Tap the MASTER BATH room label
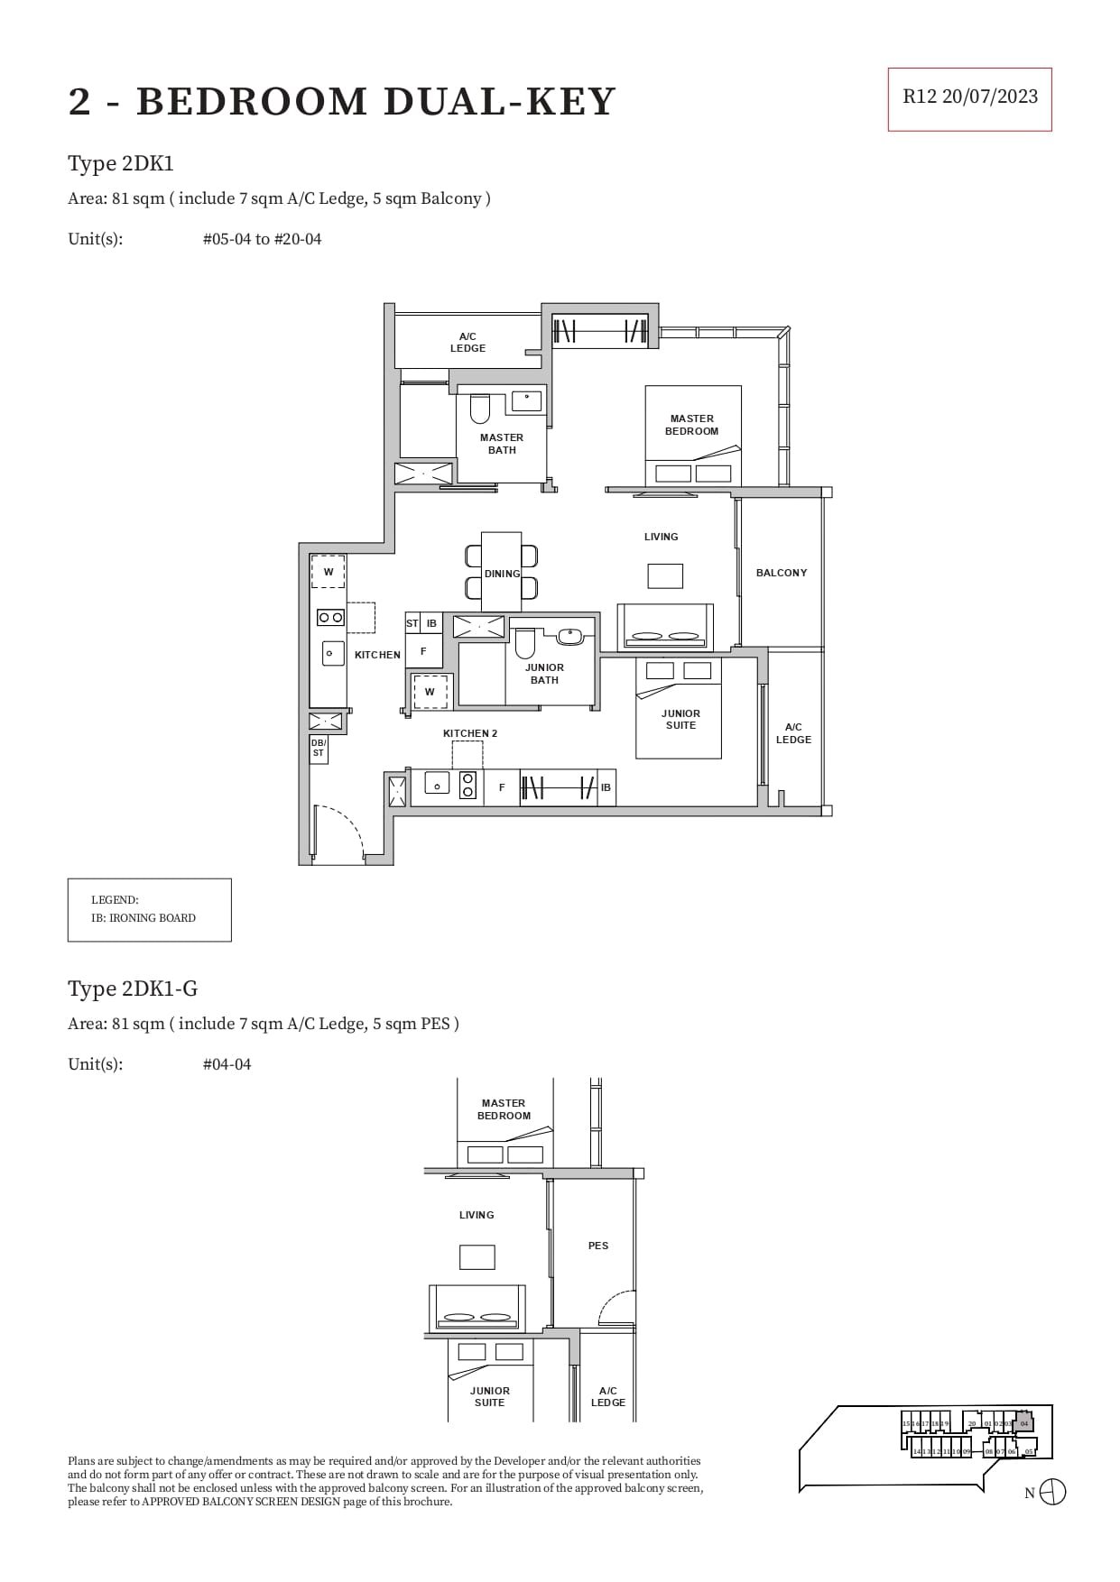coord(502,444)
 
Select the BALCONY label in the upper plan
coord(782,573)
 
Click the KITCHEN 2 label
coord(470,733)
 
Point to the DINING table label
coord(502,574)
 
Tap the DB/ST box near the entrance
coord(319,748)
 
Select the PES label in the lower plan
coord(598,1246)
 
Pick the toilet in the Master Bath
coord(479,410)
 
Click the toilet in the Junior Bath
coord(525,643)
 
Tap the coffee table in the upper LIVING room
coord(665,575)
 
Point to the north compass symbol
coord(1052,1493)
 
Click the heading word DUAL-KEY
coord(499,102)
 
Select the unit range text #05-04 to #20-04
coord(262,239)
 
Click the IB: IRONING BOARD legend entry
coord(143,918)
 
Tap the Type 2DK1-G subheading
coord(133,989)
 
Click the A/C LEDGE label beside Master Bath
coord(467,342)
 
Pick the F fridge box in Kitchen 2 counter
coord(502,787)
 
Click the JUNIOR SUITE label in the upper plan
coord(680,719)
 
